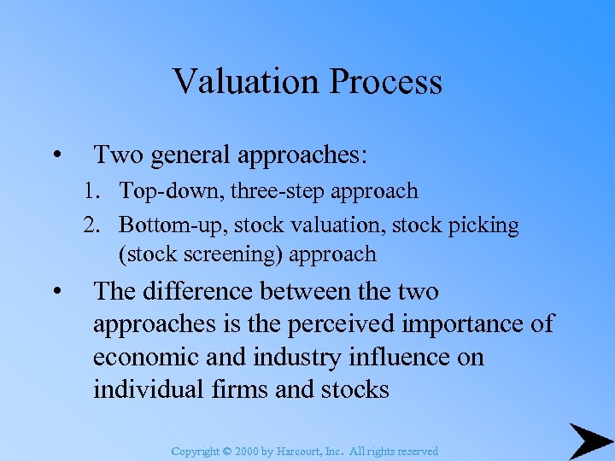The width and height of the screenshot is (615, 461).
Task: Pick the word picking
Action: tap(486, 225)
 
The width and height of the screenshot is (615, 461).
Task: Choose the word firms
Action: tap(229, 389)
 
